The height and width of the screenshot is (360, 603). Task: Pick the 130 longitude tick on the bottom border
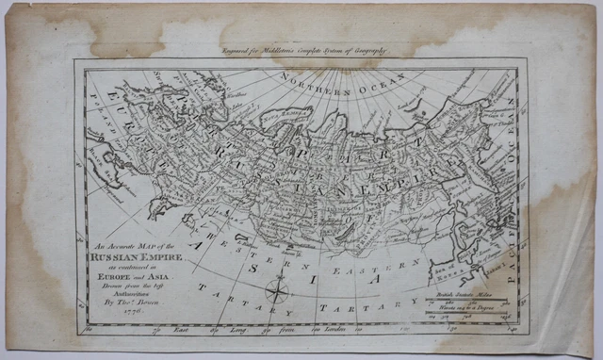(405, 329)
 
